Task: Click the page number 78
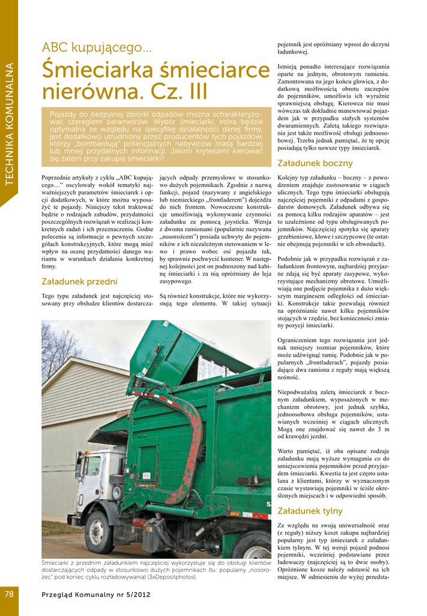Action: coord(9,594)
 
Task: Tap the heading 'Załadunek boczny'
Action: coord(315,163)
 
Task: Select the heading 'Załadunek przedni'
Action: coord(79,282)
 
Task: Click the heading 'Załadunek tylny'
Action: coord(310,511)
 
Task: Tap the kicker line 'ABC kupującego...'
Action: coord(96,47)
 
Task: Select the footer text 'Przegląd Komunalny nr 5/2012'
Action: coord(96,594)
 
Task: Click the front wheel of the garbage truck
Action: coord(97,532)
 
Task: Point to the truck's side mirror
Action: coord(78,468)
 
